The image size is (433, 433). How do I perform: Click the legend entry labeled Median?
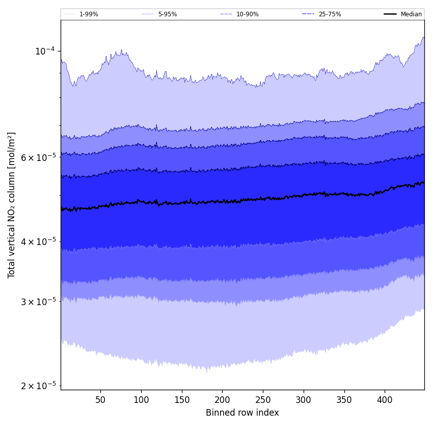[x=411, y=14]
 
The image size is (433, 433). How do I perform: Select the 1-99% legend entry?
[x=89, y=14]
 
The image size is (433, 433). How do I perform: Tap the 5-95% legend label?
[x=168, y=14]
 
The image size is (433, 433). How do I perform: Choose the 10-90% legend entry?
[x=247, y=14]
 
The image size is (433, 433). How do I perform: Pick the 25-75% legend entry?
[x=330, y=14]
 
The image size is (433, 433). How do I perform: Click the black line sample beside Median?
[x=391, y=14]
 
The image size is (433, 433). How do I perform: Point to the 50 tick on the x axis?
[x=100, y=400]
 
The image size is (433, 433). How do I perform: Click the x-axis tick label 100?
[x=141, y=400]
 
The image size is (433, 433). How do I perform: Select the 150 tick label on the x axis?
[x=182, y=400]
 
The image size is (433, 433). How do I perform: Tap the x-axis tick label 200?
[x=222, y=400]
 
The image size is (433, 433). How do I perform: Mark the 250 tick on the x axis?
[x=263, y=400]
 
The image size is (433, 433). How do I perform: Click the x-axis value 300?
[x=304, y=400]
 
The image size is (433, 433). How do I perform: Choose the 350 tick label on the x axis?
[x=344, y=400]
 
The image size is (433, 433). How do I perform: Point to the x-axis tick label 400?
[x=385, y=400]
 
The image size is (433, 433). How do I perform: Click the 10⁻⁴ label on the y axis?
[x=45, y=51]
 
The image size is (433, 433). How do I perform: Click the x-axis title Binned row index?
[x=242, y=413]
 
